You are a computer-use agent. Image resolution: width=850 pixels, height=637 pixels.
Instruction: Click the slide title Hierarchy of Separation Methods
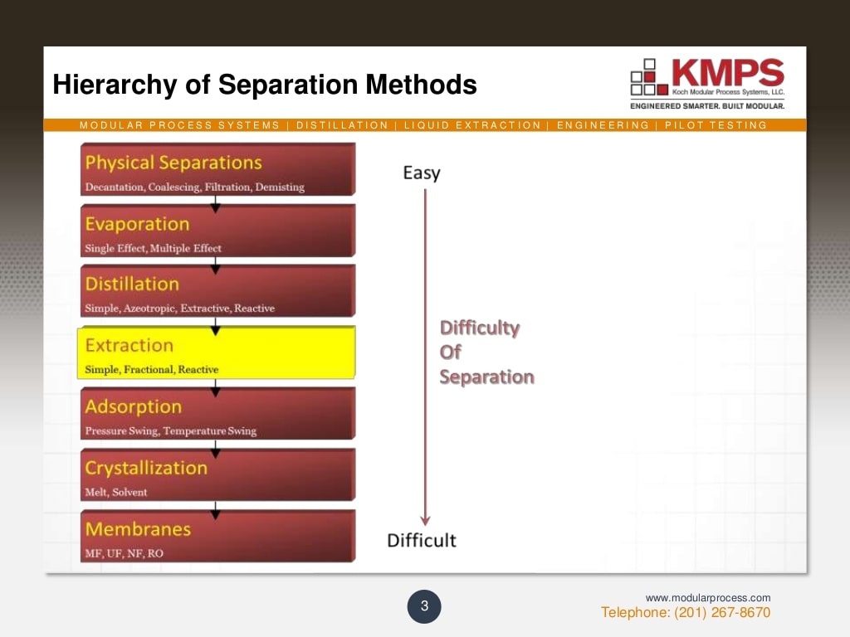pyautogui.click(x=264, y=85)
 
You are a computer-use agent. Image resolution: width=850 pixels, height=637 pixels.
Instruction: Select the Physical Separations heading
pyautogui.click(x=173, y=163)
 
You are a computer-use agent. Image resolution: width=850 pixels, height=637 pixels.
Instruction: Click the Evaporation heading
pyautogui.click(x=137, y=224)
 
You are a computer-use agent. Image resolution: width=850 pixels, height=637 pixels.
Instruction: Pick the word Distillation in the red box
pyautogui.click(x=132, y=284)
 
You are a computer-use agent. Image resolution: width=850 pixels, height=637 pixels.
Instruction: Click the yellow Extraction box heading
pyautogui.click(x=129, y=345)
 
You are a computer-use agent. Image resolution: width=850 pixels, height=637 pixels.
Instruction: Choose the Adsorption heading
pyautogui.click(x=133, y=406)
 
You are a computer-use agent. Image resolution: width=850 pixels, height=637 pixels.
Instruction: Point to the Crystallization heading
pyautogui.click(x=146, y=468)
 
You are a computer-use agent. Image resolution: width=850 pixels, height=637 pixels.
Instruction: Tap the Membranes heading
pyautogui.click(x=138, y=529)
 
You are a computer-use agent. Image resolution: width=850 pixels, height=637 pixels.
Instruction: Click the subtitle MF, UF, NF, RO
pyautogui.click(x=124, y=553)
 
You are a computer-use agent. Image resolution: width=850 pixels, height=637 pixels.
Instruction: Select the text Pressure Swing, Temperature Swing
pyautogui.click(x=170, y=431)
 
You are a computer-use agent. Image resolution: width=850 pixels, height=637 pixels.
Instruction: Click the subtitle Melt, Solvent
pyautogui.click(x=115, y=493)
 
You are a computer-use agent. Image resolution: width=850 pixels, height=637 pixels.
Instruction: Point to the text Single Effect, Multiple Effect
pyautogui.click(x=153, y=249)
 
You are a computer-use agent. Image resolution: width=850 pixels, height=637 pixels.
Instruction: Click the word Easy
pyautogui.click(x=421, y=173)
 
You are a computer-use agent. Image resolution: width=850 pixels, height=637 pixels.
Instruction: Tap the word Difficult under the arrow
pyautogui.click(x=422, y=541)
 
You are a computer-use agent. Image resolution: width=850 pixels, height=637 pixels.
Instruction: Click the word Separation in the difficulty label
pyautogui.click(x=486, y=377)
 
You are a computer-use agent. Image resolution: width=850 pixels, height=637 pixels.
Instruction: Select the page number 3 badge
pyautogui.click(x=424, y=607)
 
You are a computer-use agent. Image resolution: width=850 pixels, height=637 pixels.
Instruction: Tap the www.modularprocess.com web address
pyautogui.click(x=708, y=598)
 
